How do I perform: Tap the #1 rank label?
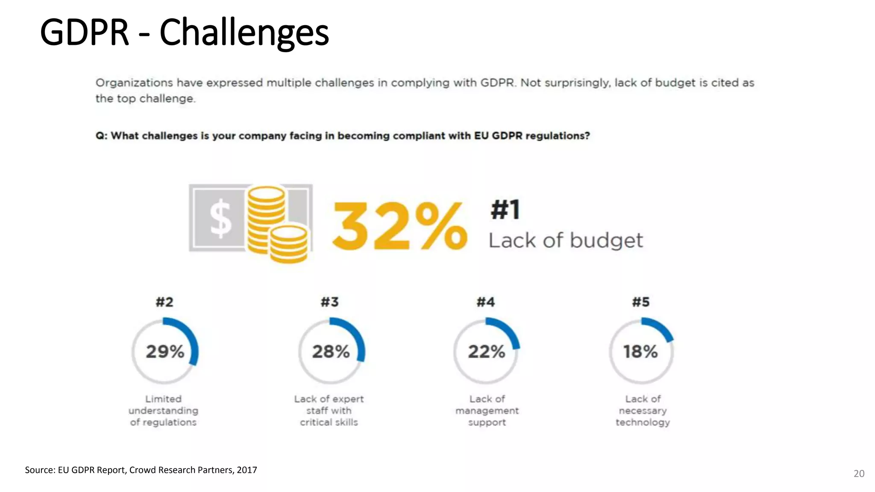point(505,210)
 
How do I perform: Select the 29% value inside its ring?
point(165,351)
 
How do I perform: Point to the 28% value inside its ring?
point(331,351)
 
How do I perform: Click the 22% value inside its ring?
point(486,351)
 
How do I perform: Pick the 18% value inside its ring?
point(640,351)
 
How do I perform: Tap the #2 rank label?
point(164,302)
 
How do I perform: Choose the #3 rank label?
point(330,302)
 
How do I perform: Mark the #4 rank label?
point(486,302)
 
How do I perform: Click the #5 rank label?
point(641,302)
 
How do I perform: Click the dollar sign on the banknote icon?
point(220,219)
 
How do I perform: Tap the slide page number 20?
point(859,473)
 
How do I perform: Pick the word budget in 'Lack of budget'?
point(606,240)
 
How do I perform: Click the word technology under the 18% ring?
point(643,422)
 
